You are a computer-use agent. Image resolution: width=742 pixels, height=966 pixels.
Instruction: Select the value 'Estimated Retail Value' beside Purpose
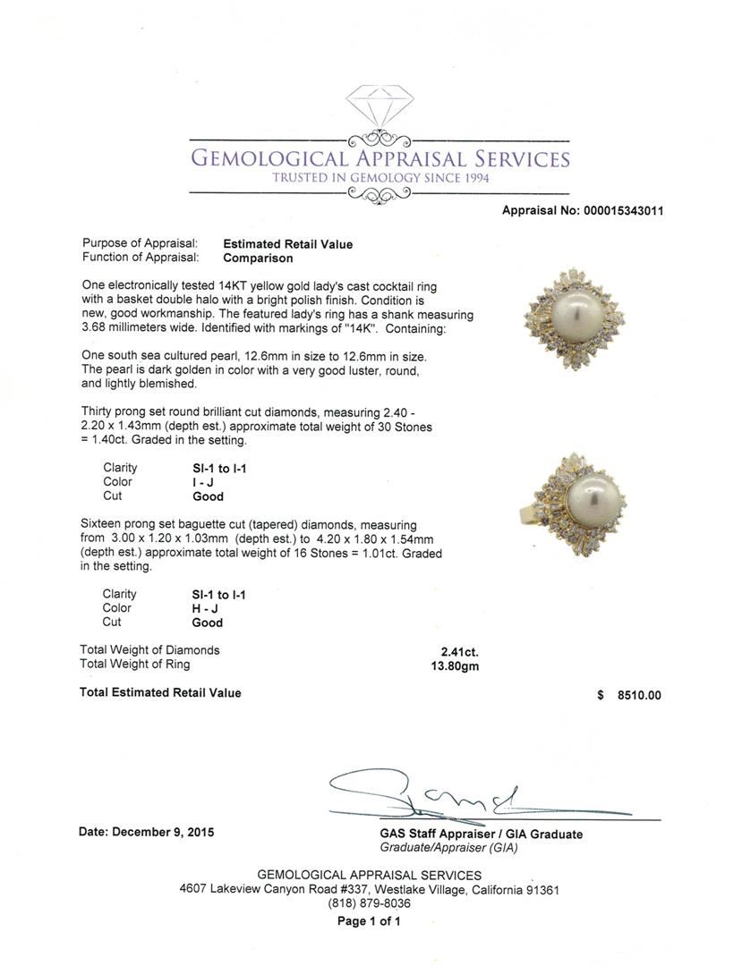click(x=287, y=244)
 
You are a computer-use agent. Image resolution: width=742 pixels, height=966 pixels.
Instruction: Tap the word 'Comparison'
click(x=258, y=258)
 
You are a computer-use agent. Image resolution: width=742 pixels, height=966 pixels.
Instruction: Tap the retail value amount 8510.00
click(x=638, y=695)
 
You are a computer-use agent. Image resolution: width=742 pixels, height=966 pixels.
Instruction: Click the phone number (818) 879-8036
click(x=370, y=903)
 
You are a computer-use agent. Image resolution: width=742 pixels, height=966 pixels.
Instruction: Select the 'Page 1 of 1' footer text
click(x=369, y=921)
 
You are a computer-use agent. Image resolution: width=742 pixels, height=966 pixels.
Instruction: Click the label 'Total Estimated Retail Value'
click(x=160, y=692)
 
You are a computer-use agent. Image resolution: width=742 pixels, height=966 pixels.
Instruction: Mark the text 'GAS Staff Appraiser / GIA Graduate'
click(x=481, y=834)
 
